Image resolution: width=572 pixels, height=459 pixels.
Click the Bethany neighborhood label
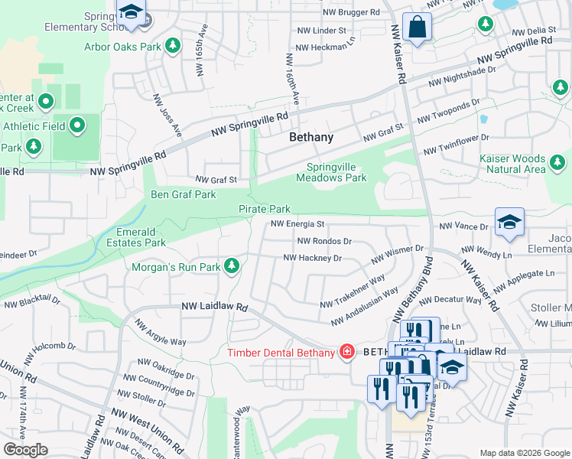(311, 138)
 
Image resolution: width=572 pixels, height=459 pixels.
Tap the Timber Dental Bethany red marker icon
(347, 352)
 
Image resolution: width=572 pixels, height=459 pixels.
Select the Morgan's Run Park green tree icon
(232, 266)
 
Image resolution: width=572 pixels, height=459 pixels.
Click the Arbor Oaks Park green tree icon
(174, 46)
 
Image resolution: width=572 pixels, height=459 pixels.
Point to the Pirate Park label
(265, 209)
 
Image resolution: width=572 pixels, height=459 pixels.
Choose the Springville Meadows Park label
(336, 172)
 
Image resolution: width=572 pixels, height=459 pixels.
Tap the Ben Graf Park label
(184, 194)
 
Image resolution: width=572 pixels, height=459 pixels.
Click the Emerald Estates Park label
(141, 237)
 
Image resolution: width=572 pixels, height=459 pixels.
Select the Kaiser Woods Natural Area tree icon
(557, 162)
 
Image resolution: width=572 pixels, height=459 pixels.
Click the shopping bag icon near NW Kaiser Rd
(418, 28)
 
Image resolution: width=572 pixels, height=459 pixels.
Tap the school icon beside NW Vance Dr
(509, 223)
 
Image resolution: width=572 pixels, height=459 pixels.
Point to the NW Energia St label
(298, 224)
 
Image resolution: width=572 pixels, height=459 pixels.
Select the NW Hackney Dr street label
(312, 259)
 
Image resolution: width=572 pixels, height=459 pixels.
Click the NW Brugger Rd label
(351, 12)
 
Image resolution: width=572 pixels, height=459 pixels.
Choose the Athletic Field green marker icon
(77, 125)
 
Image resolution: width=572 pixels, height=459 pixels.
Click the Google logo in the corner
(25, 450)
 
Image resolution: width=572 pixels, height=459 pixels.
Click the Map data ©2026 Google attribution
(524, 452)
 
